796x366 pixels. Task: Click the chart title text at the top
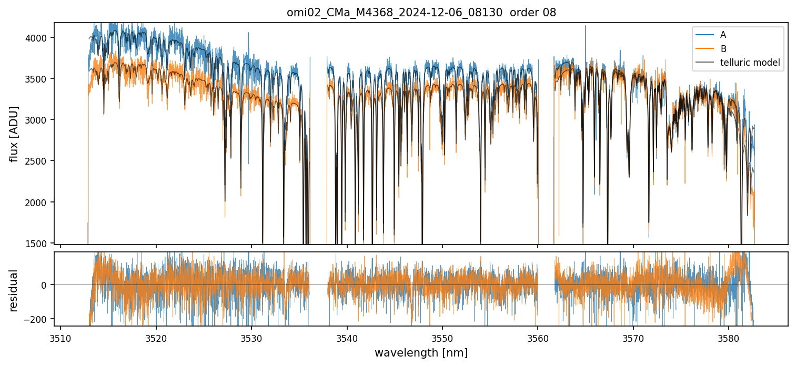421,13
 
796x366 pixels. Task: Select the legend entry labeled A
723,35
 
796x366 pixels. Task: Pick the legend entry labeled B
723,49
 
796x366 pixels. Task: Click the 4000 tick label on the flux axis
38,38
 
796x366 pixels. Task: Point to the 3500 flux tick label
38,79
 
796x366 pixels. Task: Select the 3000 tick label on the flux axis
38,120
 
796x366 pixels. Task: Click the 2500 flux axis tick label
38,161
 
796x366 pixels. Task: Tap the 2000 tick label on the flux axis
38,202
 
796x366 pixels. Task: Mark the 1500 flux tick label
38,243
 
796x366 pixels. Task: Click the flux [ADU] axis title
14,134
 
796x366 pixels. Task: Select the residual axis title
14,290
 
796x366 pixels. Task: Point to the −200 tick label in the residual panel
36,319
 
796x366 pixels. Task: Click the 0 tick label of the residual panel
44,285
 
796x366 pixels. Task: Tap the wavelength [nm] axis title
421,353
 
